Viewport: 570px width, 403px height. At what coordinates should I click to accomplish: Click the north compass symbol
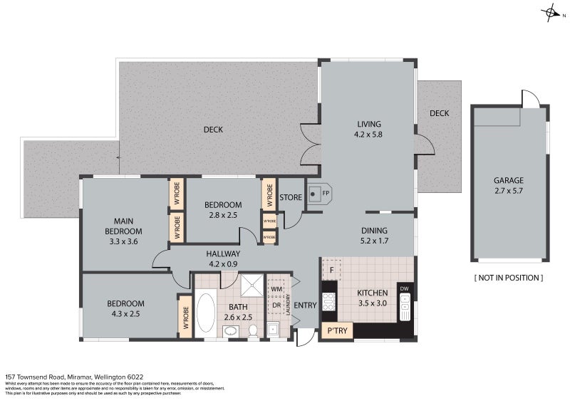(550, 12)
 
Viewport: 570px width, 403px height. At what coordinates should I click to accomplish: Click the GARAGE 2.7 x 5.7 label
(509, 185)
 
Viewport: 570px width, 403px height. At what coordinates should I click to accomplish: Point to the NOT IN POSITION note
(509, 277)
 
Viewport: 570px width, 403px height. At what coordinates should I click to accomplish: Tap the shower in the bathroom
(250, 286)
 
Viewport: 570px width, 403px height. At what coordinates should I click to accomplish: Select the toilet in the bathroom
(252, 330)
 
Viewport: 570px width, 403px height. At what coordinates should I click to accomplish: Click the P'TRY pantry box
(337, 331)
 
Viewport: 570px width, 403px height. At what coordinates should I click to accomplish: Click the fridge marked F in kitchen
(332, 270)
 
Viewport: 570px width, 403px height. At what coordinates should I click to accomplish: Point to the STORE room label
(291, 197)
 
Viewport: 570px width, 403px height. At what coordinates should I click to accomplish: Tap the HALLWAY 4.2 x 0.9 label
(224, 258)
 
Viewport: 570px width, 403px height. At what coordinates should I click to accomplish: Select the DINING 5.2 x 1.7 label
(374, 235)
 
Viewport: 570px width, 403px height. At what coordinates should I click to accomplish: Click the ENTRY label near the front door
(305, 305)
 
